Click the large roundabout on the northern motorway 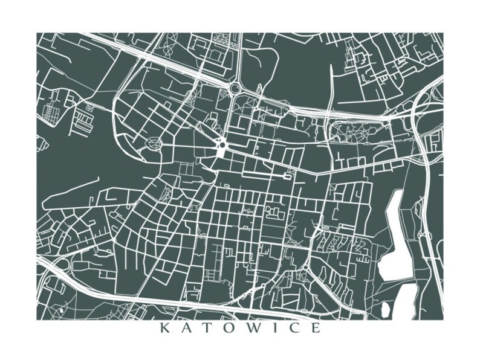coord(235,89)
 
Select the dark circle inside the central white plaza coord(222,145)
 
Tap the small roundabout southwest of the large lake coord(306,266)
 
